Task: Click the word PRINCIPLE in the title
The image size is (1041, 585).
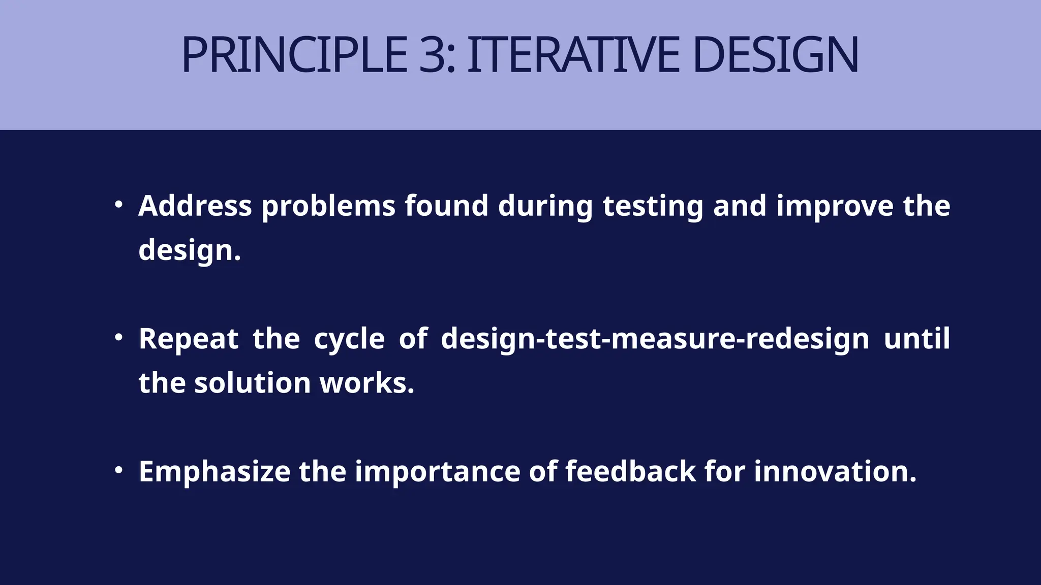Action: [294, 55]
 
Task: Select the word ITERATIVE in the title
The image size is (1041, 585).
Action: [573, 55]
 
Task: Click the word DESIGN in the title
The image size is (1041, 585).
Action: [775, 55]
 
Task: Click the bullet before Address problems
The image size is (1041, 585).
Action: [118, 205]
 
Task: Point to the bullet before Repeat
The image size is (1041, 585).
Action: [118, 337]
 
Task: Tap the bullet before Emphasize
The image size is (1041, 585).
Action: [118, 470]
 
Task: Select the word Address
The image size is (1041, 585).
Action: [195, 206]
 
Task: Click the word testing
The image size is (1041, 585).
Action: [653, 207]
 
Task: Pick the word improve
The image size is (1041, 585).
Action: [835, 207]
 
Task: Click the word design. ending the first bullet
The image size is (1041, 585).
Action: [190, 250]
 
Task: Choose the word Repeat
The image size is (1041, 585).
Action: [189, 339]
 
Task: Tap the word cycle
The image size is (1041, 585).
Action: [349, 339]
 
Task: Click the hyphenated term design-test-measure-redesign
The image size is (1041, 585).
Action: [655, 339]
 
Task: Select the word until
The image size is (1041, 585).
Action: [916, 338]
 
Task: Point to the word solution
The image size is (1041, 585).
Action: [252, 383]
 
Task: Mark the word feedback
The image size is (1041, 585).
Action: [630, 471]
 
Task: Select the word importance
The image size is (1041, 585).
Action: [437, 472]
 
